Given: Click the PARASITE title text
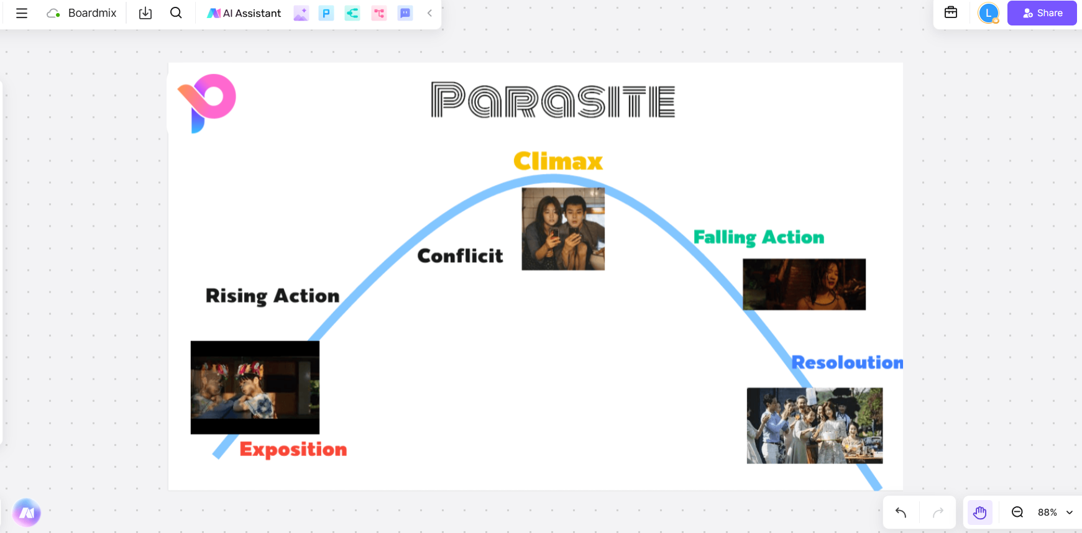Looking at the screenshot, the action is coord(553,100).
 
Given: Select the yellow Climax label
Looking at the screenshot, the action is coord(558,162).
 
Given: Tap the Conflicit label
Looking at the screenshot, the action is coord(460,255).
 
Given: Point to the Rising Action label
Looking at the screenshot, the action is coord(272,296).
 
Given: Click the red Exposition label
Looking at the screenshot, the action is coord(293,449).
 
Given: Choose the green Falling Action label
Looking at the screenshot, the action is coord(759,237).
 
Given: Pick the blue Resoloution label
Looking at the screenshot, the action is coord(847,362).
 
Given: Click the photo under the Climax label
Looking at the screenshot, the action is coord(563,229).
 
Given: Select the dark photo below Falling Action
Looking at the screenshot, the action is coord(804,285).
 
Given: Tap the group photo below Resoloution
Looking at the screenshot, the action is coord(815,426).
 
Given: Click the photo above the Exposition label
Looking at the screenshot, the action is coord(255,387).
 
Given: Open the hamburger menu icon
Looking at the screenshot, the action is coord(22,13).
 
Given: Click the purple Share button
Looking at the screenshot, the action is coord(1042,13).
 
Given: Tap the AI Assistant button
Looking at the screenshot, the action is coord(244,13).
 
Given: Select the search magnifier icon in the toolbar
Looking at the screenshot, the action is coord(176,13).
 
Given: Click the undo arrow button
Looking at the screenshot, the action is coord(901,512).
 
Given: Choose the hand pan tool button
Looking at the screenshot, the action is coord(980,512).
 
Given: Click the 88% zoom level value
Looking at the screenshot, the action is coord(1047,512).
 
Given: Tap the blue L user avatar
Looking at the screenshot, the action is coord(989,13).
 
